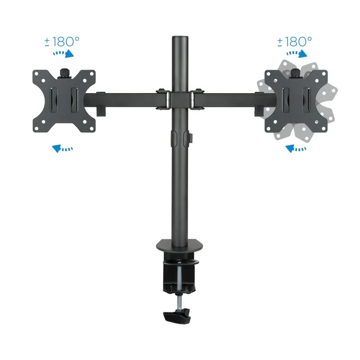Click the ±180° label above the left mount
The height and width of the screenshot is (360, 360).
coord(62,42)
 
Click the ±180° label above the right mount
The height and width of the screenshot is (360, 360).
coord(294,42)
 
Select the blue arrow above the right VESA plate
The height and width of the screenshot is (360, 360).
coord(297,54)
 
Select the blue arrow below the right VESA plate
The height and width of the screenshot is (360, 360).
coord(296,148)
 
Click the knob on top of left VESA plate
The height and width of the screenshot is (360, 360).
coord(64,72)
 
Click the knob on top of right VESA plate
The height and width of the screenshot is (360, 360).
coord(296,72)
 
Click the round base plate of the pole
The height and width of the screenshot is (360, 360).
coord(180,245)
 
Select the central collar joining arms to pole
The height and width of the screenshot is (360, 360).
coord(180,99)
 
